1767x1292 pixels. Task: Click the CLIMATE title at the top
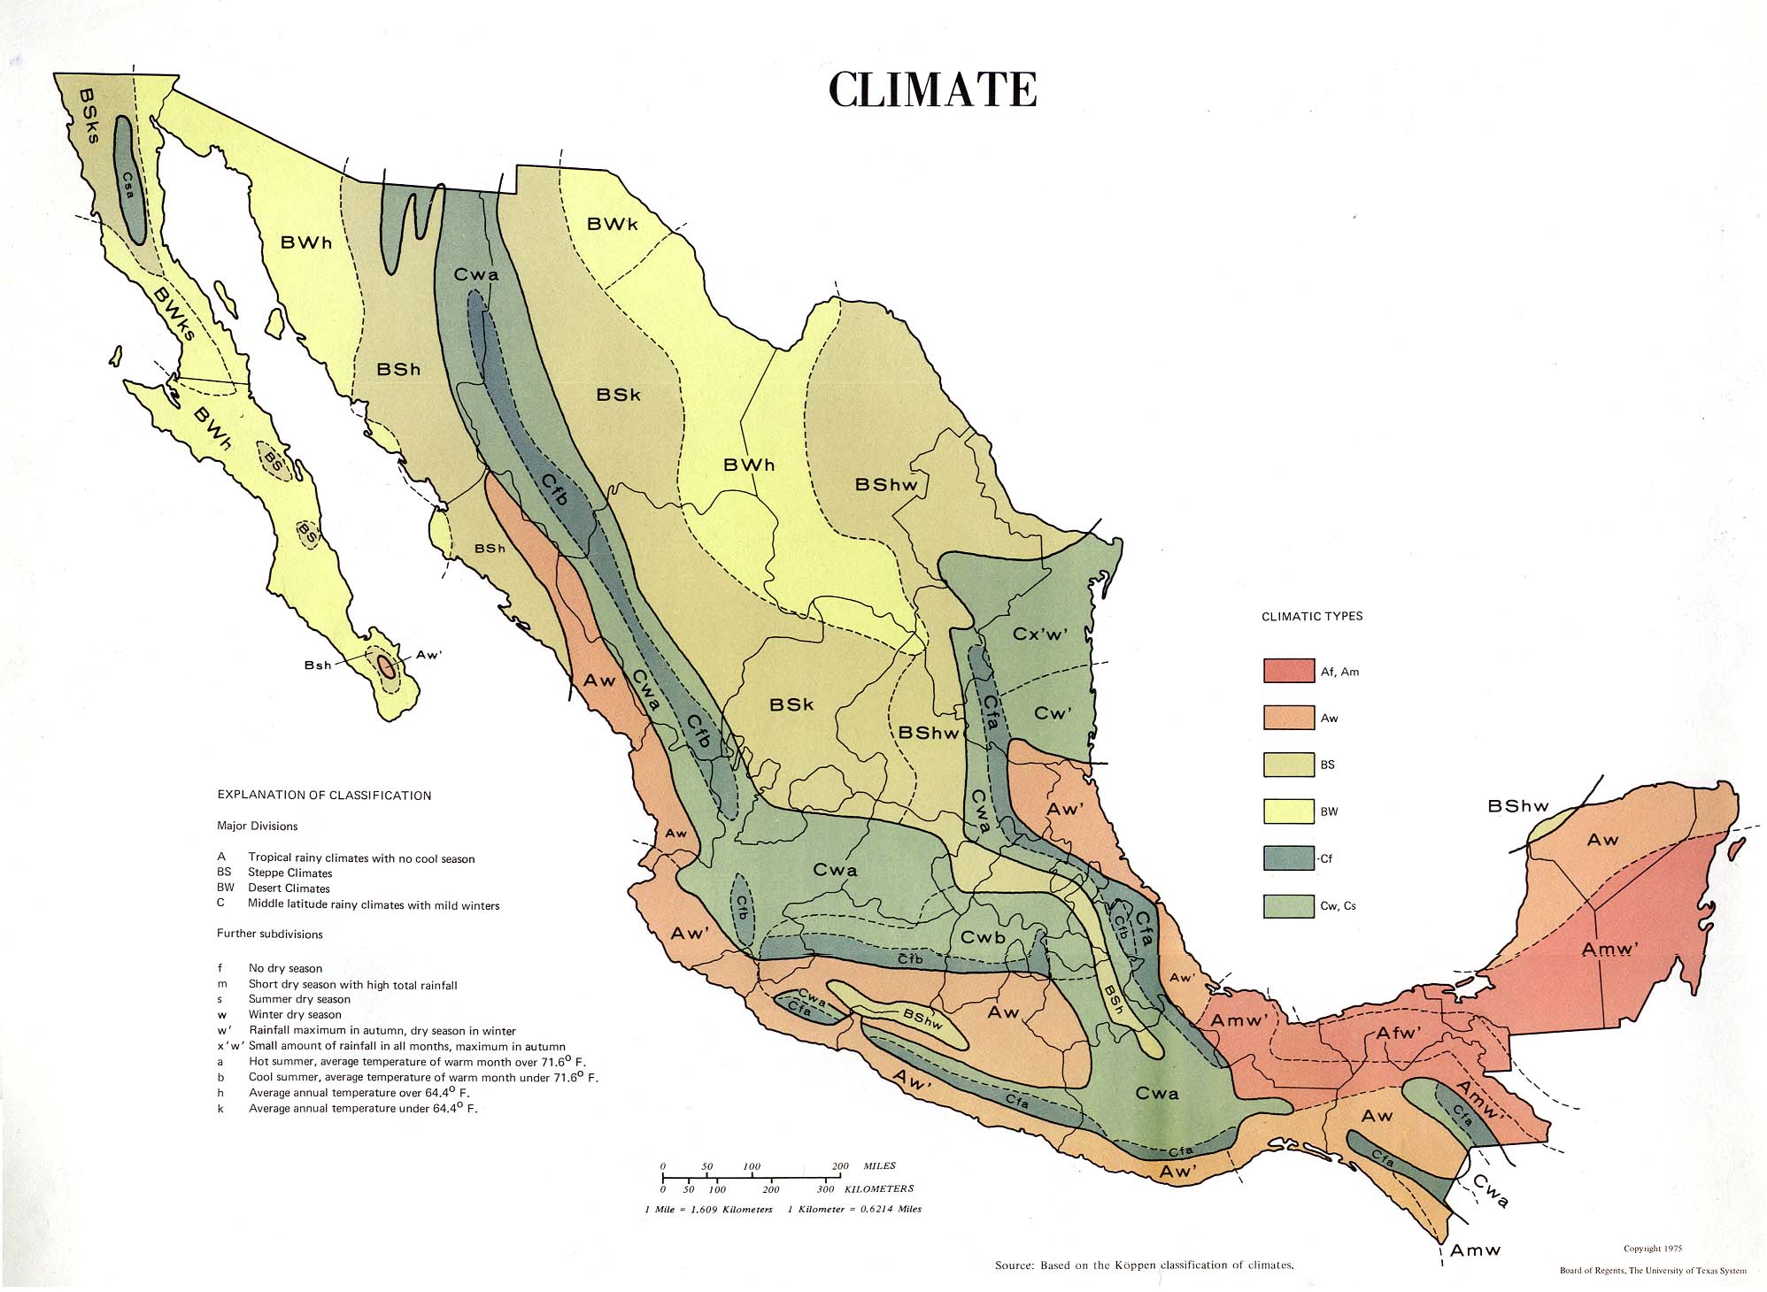coord(932,89)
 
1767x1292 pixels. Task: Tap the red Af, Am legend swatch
coord(1288,671)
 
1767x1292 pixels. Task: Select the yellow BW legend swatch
coord(1288,811)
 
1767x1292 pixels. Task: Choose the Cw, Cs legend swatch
coord(1288,905)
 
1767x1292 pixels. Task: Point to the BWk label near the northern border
coord(613,224)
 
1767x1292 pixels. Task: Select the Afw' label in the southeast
coord(1399,1034)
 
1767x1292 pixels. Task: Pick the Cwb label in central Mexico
coord(983,938)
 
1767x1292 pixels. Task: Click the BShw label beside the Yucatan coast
coord(1518,805)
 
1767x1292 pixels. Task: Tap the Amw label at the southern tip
coord(1476,1250)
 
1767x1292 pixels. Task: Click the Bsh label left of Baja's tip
coord(318,665)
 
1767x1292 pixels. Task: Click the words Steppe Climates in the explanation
coord(290,873)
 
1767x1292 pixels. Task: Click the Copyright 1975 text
coord(1653,1249)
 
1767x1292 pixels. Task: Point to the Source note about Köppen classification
coord(1144,1265)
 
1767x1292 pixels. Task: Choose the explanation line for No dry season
coord(285,968)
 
